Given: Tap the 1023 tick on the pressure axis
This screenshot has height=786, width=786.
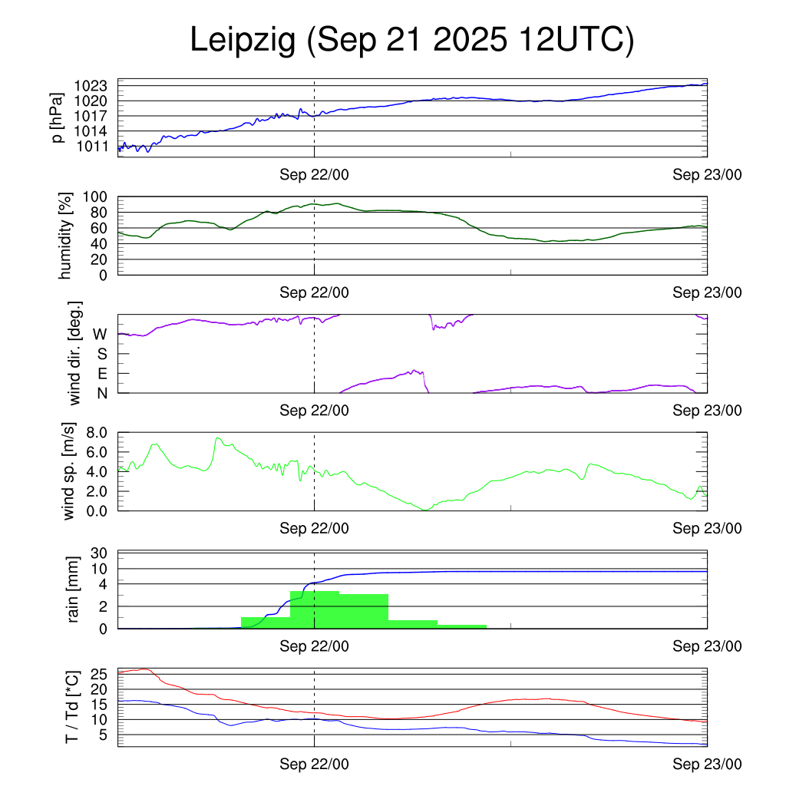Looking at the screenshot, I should tap(96, 85).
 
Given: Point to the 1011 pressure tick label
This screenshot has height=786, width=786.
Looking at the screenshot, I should tap(96, 146).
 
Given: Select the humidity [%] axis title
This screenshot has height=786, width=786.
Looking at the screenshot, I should tap(67, 236).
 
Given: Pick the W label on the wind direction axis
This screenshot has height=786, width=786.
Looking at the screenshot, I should tap(100, 335).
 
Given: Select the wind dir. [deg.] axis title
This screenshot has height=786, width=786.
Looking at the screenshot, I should tap(74, 354).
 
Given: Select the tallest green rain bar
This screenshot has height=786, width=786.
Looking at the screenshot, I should tap(315, 609).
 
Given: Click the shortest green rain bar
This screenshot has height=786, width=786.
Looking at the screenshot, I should tap(462, 626).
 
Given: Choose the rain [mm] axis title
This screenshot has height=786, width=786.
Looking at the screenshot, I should tap(74, 590).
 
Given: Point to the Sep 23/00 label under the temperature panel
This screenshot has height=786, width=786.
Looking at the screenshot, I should tap(707, 764).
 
